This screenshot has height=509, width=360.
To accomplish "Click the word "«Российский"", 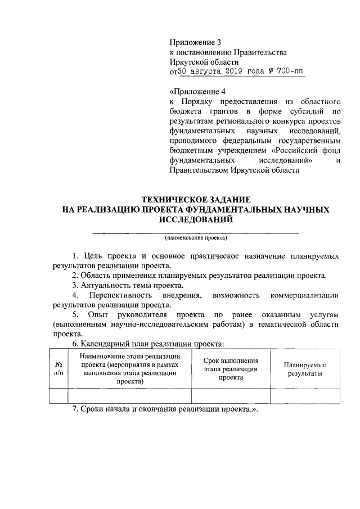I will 296,151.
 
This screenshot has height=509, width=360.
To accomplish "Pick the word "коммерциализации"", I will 304,295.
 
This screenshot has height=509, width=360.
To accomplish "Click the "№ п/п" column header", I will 58,368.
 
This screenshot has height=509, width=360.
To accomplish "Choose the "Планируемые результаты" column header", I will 305,369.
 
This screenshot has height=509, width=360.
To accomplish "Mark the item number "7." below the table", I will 76,409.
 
